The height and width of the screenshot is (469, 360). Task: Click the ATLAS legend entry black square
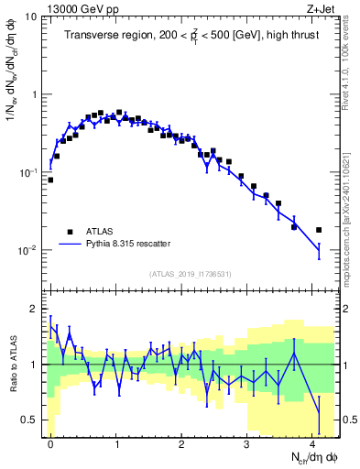coord(71,231)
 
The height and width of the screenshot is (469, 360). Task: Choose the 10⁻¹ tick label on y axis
coord(27,172)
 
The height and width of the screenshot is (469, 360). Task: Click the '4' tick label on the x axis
coord(312,444)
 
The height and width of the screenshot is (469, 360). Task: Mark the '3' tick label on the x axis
coord(247,444)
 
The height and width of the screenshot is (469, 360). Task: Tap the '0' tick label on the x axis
coord(50,444)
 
